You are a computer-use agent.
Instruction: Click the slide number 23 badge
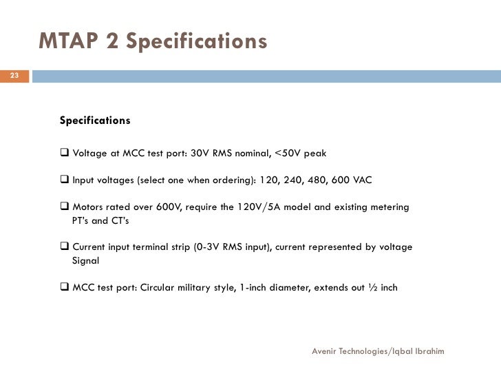[x=14, y=75]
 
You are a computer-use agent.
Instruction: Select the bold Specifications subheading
[x=95, y=121]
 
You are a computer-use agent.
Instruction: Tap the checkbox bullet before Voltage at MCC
[x=65, y=153]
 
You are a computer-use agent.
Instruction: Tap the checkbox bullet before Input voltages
[x=65, y=180]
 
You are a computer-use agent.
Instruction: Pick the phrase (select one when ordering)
[x=196, y=180]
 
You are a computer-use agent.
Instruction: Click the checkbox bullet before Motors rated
[x=65, y=207]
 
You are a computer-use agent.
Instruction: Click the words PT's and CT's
[x=100, y=221]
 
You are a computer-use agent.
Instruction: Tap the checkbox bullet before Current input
[x=65, y=247]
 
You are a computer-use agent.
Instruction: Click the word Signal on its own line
[x=86, y=261]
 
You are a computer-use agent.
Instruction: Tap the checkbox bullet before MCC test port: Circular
[x=65, y=287]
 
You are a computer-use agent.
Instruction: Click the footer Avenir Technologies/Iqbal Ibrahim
[x=378, y=351]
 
